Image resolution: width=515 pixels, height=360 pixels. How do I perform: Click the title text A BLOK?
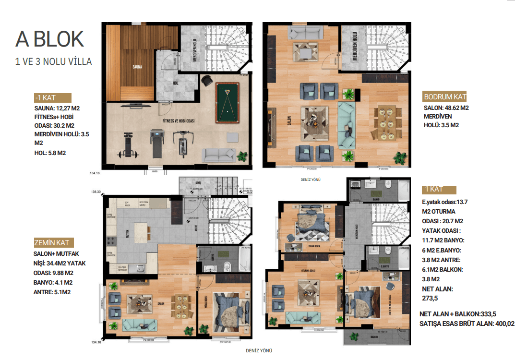coord(49,39)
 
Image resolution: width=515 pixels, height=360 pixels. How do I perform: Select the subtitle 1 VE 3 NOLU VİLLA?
coord(53,61)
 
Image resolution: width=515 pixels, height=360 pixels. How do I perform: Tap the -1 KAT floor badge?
coord(52,98)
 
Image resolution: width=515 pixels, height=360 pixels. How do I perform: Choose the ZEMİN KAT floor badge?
coord(53,242)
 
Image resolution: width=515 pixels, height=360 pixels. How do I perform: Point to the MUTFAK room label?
coord(129,234)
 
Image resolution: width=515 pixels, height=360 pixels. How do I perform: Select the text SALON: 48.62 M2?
coord(446,108)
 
